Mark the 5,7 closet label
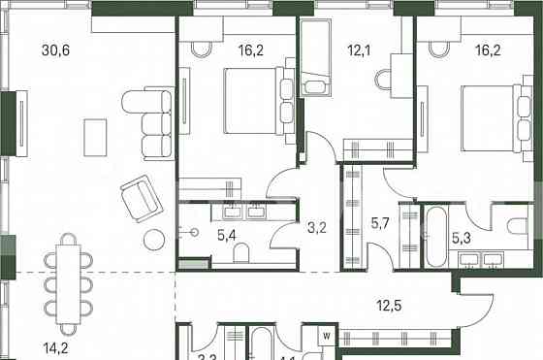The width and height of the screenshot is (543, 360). point(379,222)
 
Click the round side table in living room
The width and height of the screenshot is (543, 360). point(155,241)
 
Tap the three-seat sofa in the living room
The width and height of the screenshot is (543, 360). point(157,122)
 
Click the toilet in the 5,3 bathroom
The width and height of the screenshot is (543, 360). point(514,224)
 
